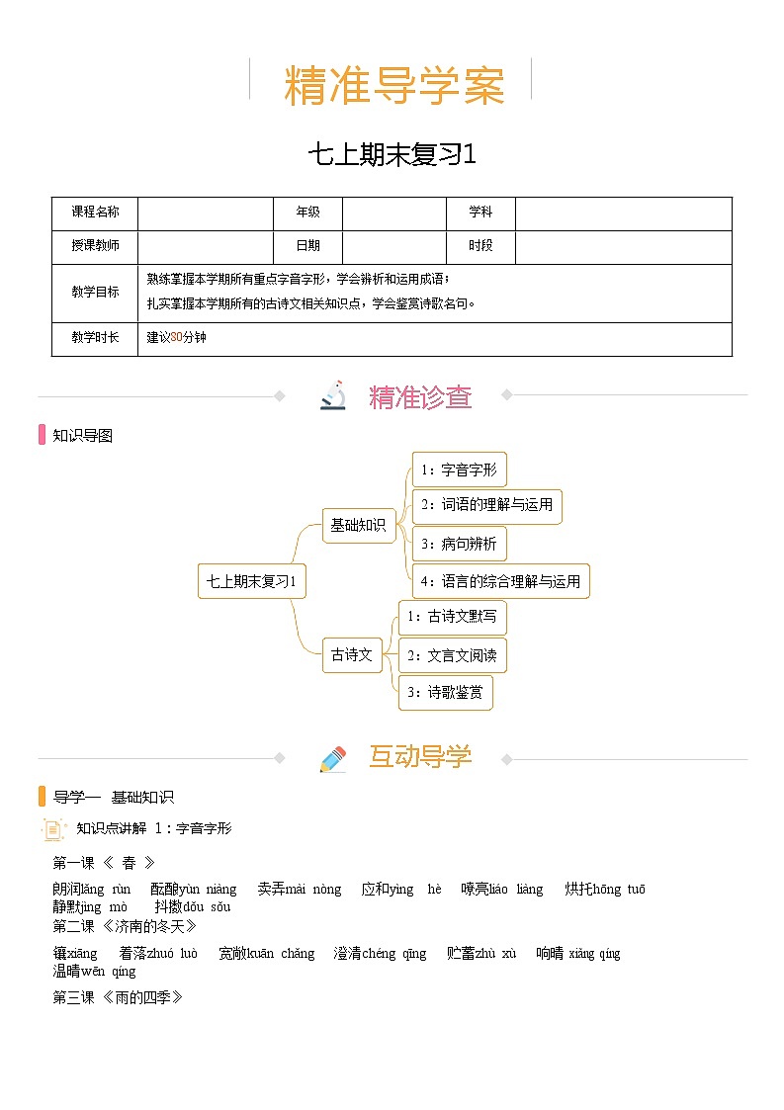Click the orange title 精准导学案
(x=393, y=86)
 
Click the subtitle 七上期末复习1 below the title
(x=392, y=155)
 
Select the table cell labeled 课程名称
(x=95, y=213)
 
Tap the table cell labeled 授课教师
(x=95, y=246)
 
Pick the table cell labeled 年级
(x=307, y=213)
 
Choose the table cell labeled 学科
(x=480, y=213)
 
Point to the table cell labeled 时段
(x=480, y=246)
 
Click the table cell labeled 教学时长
(x=95, y=338)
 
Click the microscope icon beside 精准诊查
(x=333, y=395)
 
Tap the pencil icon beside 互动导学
(x=333, y=758)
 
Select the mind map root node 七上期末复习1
(x=252, y=581)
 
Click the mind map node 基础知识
(x=358, y=525)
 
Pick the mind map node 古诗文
(x=352, y=654)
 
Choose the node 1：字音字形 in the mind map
(x=459, y=470)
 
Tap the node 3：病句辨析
(x=459, y=544)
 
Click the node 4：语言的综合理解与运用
(x=500, y=581)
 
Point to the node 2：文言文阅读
(x=452, y=654)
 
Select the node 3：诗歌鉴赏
(x=445, y=692)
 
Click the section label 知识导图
(x=82, y=435)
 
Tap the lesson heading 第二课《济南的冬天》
(x=126, y=926)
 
